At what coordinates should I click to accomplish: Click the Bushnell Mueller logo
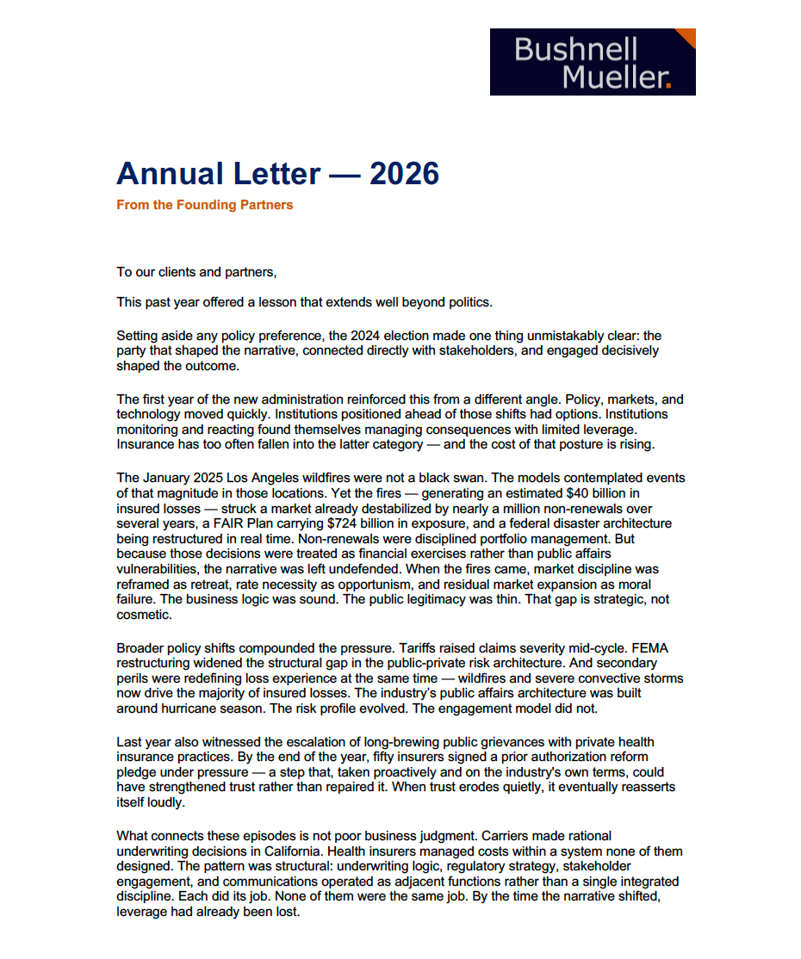tap(593, 62)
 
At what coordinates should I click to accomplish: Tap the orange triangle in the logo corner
tap(686, 37)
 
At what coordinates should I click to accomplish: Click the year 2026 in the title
tap(404, 174)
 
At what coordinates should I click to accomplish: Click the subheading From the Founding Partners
tap(205, 205)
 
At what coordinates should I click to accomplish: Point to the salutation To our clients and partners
tap(197, 272)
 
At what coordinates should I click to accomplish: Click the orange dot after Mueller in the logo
tap(668, 85)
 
